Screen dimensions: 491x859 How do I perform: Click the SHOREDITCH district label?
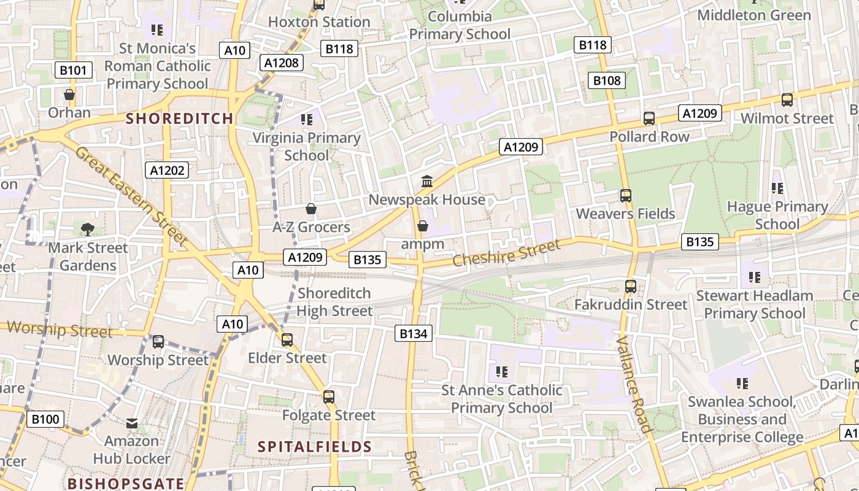[179, 118]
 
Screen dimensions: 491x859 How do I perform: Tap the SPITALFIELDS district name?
[315, 447]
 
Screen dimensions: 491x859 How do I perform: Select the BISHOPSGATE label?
[126, 484]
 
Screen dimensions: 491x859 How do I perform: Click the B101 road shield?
[73, 70]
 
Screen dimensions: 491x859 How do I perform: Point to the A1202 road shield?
[168, 170]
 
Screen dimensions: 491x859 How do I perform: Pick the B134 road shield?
[413, 333]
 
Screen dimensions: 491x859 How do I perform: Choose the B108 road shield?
[607, 80]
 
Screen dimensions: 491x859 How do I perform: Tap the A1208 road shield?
[282, 62]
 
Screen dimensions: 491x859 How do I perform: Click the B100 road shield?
[45, 420]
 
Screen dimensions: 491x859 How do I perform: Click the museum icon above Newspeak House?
[427, 181]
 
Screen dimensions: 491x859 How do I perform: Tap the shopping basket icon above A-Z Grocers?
[311, 209]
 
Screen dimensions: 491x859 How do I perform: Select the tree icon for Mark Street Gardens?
[88, 230]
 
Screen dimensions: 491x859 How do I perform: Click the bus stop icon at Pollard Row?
[649, 118]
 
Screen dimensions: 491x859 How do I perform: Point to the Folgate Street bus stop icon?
[329, 397]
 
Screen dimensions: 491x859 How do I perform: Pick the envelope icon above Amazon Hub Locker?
[132, 423]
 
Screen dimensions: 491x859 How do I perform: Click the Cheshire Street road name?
[507, 253]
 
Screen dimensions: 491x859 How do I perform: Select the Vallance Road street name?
[633, 384]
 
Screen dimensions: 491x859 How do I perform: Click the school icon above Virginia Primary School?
[307, 120]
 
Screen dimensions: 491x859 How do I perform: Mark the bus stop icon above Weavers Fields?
[625, 196]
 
